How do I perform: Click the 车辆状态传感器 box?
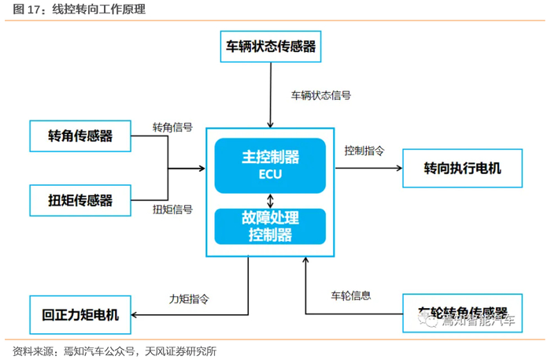tap(271, 46)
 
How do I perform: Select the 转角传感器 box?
tap(80, 135)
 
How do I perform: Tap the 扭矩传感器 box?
tap(80, 199)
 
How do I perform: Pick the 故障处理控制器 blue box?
tap(270, 225)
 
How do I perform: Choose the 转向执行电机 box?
tap(462, 168)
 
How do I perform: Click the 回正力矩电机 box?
tap(80, 314)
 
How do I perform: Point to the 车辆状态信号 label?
tap(321, 95)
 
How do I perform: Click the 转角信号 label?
tap(172, 127)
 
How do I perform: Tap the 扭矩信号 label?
tap(172, 209)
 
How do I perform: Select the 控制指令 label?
tap(364, 150)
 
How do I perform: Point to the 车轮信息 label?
tap(350, 295)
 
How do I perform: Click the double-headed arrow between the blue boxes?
tap(270, 199)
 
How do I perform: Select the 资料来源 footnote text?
tap(115, 351)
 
